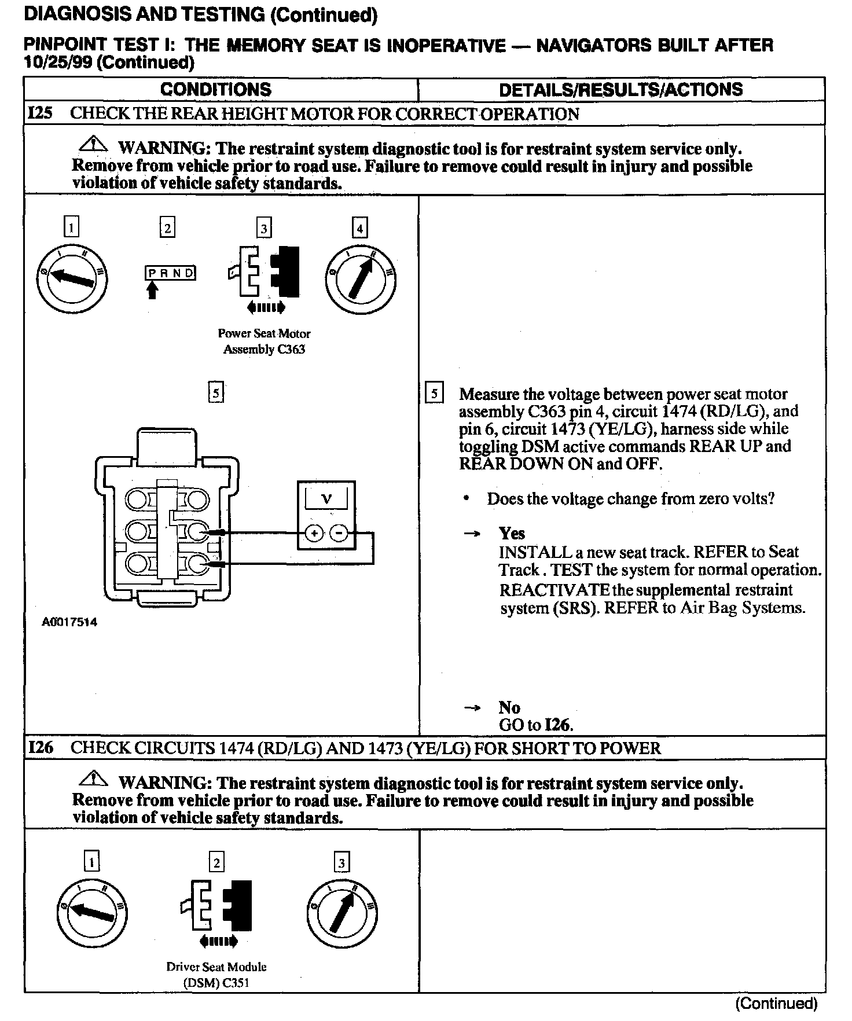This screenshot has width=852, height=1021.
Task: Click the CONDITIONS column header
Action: (x=215, y=90)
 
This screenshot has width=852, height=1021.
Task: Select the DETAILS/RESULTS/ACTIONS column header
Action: (x=620, y=90)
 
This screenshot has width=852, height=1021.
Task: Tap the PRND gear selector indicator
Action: (x=170, y=273)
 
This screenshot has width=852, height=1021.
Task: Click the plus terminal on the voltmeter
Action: (x=314, y=533)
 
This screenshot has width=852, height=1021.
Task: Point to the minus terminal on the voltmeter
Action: (x=340, y=533)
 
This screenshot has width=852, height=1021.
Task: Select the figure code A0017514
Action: (x=69, y=623)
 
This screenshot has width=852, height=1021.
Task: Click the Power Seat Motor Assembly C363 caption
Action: (x=264, y=341)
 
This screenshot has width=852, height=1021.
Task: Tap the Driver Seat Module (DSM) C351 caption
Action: (x=216, y=975)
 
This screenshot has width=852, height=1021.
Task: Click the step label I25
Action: (x=40, y=113)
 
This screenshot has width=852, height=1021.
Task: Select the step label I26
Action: (x=41, y=747)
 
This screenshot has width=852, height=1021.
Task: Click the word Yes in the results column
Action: (x=512, y=533)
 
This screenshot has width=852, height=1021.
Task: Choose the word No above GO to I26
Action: (x=509, y=707)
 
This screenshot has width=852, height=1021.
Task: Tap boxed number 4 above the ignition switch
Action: (x=359, y=228)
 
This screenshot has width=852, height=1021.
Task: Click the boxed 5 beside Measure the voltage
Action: (x=434, y=394)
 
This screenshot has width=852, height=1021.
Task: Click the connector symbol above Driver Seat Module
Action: (x=218, y=908)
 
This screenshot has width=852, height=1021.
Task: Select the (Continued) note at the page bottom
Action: (x=776, y=1003)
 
